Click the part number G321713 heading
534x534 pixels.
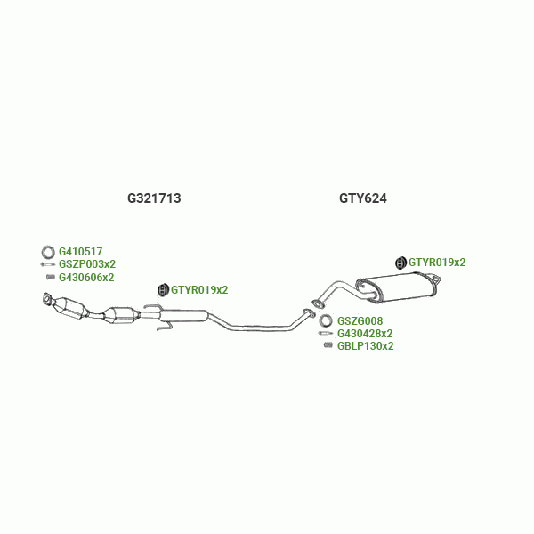coord(154,198)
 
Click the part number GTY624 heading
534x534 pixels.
coord(362,198)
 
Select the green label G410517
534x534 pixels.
coord(80,252)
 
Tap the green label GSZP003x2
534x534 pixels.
coord(86,264)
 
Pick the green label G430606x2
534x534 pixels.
coord(85,277)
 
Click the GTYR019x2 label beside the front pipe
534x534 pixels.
coord(199,289)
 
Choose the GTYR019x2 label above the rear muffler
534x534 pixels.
coord(436,262)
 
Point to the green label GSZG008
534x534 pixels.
coord(360,321)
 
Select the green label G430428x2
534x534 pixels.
coord(365,334)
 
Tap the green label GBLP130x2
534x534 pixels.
coord(365,345)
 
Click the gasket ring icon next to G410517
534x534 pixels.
coord(50,252)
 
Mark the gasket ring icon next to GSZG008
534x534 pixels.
coord(327,321)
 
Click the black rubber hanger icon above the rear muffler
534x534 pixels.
coord(400,262)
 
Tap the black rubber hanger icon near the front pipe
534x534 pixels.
coord(163,289)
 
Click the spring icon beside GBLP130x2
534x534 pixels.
coord(328,345)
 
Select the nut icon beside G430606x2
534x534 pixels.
coord(51,277)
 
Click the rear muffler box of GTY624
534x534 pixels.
coord(395,287)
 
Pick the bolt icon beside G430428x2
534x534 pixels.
coord(327,334)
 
